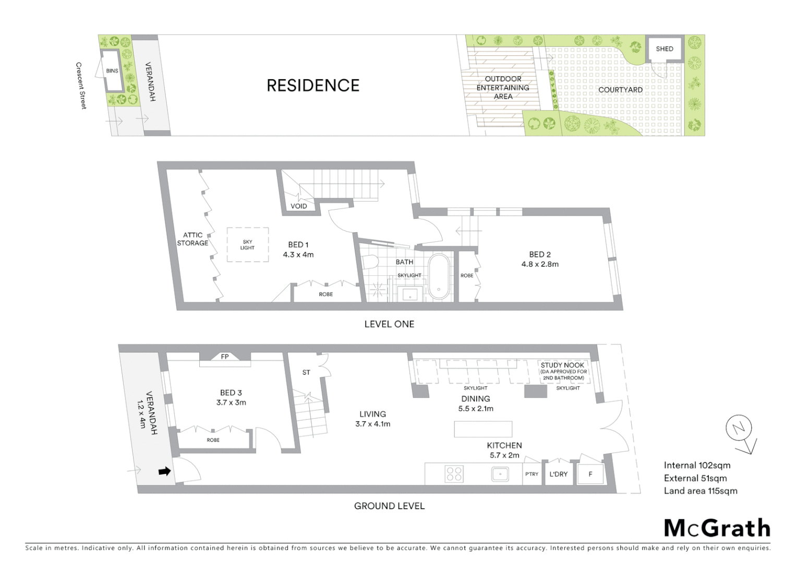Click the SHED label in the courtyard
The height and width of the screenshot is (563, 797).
(x=664, y=49)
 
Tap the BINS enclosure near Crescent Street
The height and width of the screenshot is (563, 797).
(x=112, y=71)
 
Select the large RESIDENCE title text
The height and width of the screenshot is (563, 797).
(x=313, y=85)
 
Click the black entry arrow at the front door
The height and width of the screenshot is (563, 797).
(x=164, y=471)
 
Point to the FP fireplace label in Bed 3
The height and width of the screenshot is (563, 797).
(x=225, y=357)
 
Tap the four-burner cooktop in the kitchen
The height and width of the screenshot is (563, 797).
(x=454, y=474)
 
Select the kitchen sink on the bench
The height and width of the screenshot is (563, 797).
(x=500, y=474)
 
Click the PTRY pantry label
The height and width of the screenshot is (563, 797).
(x=532, y=474)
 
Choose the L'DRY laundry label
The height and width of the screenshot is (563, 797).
(x=558, y=474)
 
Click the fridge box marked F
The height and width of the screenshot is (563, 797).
(x=590, y=474)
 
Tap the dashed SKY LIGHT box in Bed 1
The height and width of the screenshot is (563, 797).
(x=247, y=245)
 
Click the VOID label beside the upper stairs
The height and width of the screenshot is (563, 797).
(x=299, y=206)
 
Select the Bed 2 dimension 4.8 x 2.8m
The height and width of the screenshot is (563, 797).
(x=540, y=264)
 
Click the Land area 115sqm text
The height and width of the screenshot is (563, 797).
(x=700, y=491)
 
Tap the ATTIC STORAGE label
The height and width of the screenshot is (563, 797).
(x=192, y=239)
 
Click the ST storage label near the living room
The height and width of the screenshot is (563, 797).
(x=306, y=373)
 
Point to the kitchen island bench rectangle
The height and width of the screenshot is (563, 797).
(x=483, y=429)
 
